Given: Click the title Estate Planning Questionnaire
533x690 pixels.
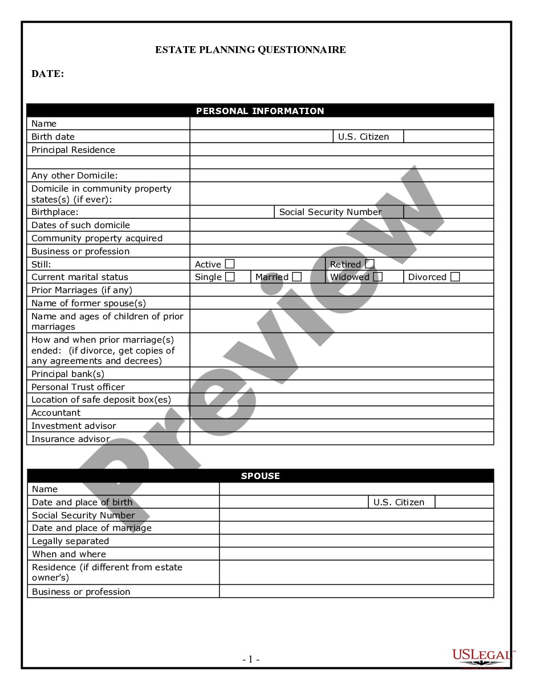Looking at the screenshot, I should click(250, 50).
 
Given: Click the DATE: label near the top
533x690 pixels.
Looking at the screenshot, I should click(48, 74).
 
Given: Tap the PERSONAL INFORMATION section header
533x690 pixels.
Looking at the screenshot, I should click(260, 111).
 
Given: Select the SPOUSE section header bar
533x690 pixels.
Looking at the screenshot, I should click(261, 476).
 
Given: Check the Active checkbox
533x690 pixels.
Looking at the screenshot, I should click(230, 264).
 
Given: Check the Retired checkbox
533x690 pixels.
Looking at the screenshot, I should click(370, 264).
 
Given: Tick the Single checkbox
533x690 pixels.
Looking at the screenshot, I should click(230, 277).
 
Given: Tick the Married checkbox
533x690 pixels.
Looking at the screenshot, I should click(297, 277).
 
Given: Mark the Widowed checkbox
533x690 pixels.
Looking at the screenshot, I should click(377, 277).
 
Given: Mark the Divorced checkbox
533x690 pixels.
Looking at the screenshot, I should click(455, 277).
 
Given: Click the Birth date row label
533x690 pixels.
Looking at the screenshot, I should click(53, 137).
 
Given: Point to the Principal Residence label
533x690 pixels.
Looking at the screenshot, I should click(73, 150).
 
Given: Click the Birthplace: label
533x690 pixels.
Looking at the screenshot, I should click(55, 212).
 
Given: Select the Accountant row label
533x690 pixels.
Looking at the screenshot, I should click(56, 413).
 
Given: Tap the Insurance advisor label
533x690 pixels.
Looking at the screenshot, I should click(70, 439).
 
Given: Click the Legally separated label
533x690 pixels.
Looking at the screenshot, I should click(70, 541).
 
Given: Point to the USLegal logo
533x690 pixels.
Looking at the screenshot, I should click(482, 657).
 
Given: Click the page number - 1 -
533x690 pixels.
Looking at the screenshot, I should click(251, 659).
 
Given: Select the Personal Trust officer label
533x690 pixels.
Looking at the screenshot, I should click(78, 387).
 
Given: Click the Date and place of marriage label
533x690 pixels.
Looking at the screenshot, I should click(92, 528).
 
